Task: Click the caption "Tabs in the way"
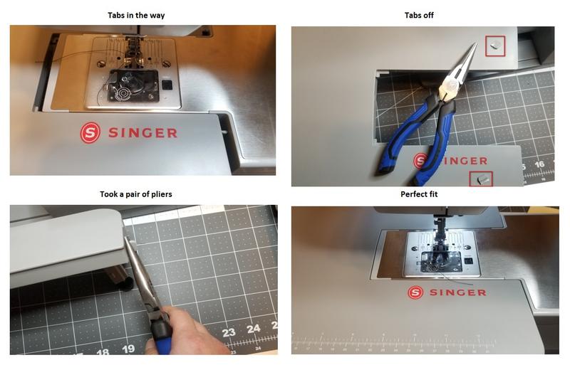[x=142, y=15]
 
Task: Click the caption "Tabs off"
[x=423, y=15]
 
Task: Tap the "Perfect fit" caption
[x=424, y=194]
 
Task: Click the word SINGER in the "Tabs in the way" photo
[x=142, y=133]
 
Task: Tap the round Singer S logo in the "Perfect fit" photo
[x=415, y=292]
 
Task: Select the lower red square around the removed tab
[x=481, y=178]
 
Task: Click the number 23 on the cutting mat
[x=229, y=332]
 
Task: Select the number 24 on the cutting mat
[x=254, y=329]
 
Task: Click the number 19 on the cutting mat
[x=128, y=349]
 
